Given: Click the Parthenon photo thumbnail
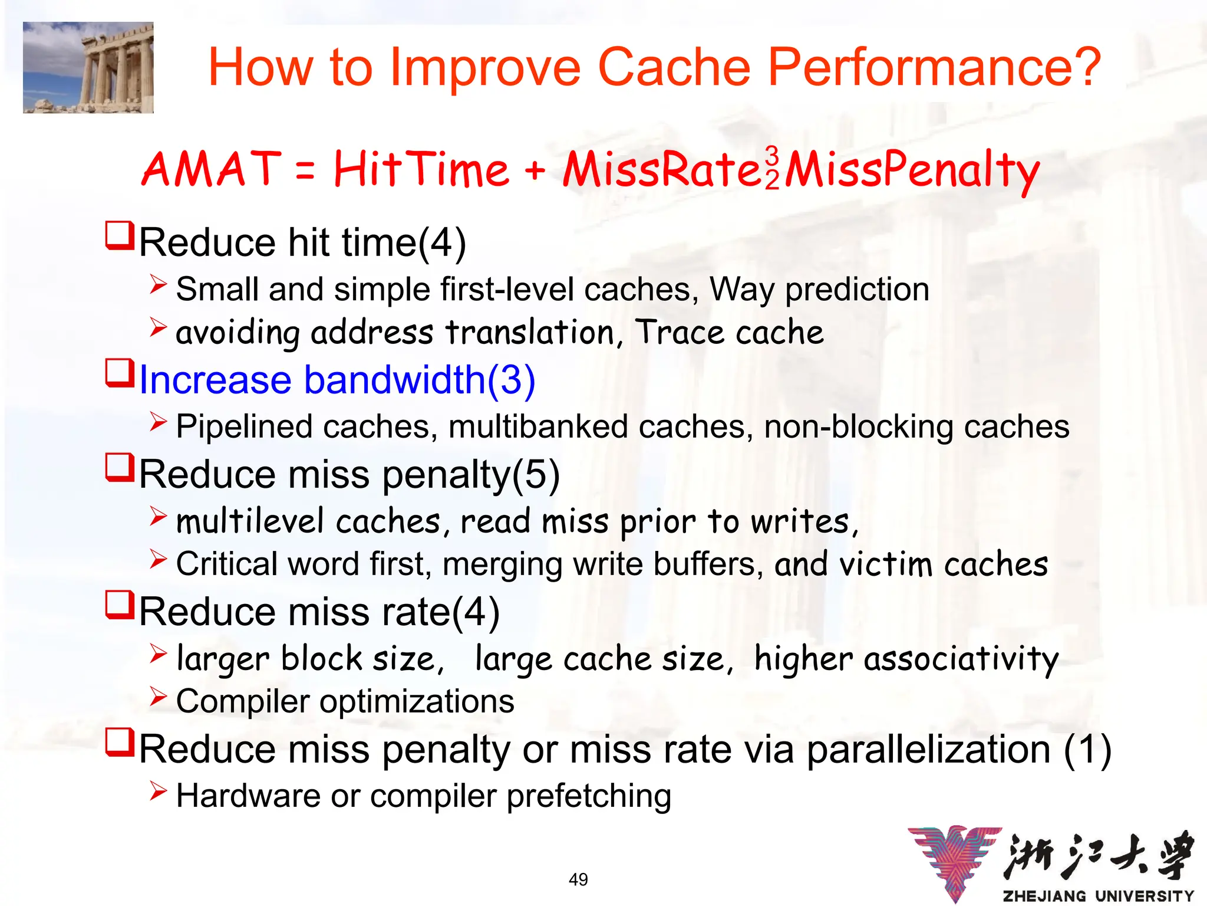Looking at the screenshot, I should [x=88, y=67].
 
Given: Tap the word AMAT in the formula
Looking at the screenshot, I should [x=211, y=169].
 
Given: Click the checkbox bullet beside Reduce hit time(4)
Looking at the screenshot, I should [x=120, y=236].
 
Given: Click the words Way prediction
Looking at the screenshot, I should [x=819, y=290].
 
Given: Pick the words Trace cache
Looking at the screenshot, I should [x=729, y=332].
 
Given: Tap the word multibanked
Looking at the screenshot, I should [x=537, y=426].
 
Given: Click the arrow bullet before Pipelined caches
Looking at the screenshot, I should [x=158, y=422].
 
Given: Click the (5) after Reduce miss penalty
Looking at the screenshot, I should [x=536, y=474].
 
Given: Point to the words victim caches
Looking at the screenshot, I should [x=944, y=564].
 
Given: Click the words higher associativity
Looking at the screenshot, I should [x=906, y=659].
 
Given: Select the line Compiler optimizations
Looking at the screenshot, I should [x=345, y=701].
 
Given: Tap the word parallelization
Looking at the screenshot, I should [x=928, y=749].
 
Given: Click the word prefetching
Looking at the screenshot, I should [x=589, y=796].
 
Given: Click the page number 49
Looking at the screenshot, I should [x=578, y=879].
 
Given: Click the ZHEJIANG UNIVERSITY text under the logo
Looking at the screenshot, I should [x=1098, y=896].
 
